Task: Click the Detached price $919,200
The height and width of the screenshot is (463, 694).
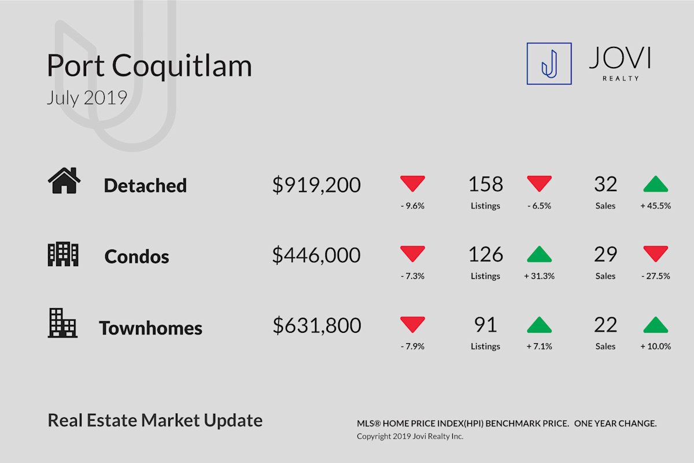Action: tap(316, 185)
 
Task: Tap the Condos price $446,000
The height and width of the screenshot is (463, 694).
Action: tap(316, 255)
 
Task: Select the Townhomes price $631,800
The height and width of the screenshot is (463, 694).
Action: tap(317, 326)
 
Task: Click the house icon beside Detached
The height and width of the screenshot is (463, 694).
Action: tap(64, 181)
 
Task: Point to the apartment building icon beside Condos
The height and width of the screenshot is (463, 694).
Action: tap(63, 254)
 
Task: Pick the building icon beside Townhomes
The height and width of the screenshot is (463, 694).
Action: tap(62, 323)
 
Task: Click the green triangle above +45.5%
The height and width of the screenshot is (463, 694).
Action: tap(656, 184)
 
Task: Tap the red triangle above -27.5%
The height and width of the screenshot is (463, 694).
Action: tap(656, 253)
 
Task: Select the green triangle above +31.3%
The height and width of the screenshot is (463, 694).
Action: tap(539, 254)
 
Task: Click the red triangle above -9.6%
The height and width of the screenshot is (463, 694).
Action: tap(412, 183)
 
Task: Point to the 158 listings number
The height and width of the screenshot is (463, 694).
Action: tap(485, 184)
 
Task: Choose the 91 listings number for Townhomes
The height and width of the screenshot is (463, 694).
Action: tap(485, 325)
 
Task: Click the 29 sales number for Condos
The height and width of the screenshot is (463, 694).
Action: tap(606, 255)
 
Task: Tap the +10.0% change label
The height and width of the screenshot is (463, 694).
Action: tap(656, 346)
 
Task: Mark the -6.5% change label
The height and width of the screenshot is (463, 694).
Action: tap(539, 205)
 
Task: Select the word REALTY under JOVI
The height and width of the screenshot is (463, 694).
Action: tap(621, 79)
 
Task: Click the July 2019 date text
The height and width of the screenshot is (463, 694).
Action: tap(87, 98)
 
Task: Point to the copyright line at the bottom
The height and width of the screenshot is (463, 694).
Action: tap(410, 436)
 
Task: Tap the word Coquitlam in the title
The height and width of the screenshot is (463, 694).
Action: tap(182, 66)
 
